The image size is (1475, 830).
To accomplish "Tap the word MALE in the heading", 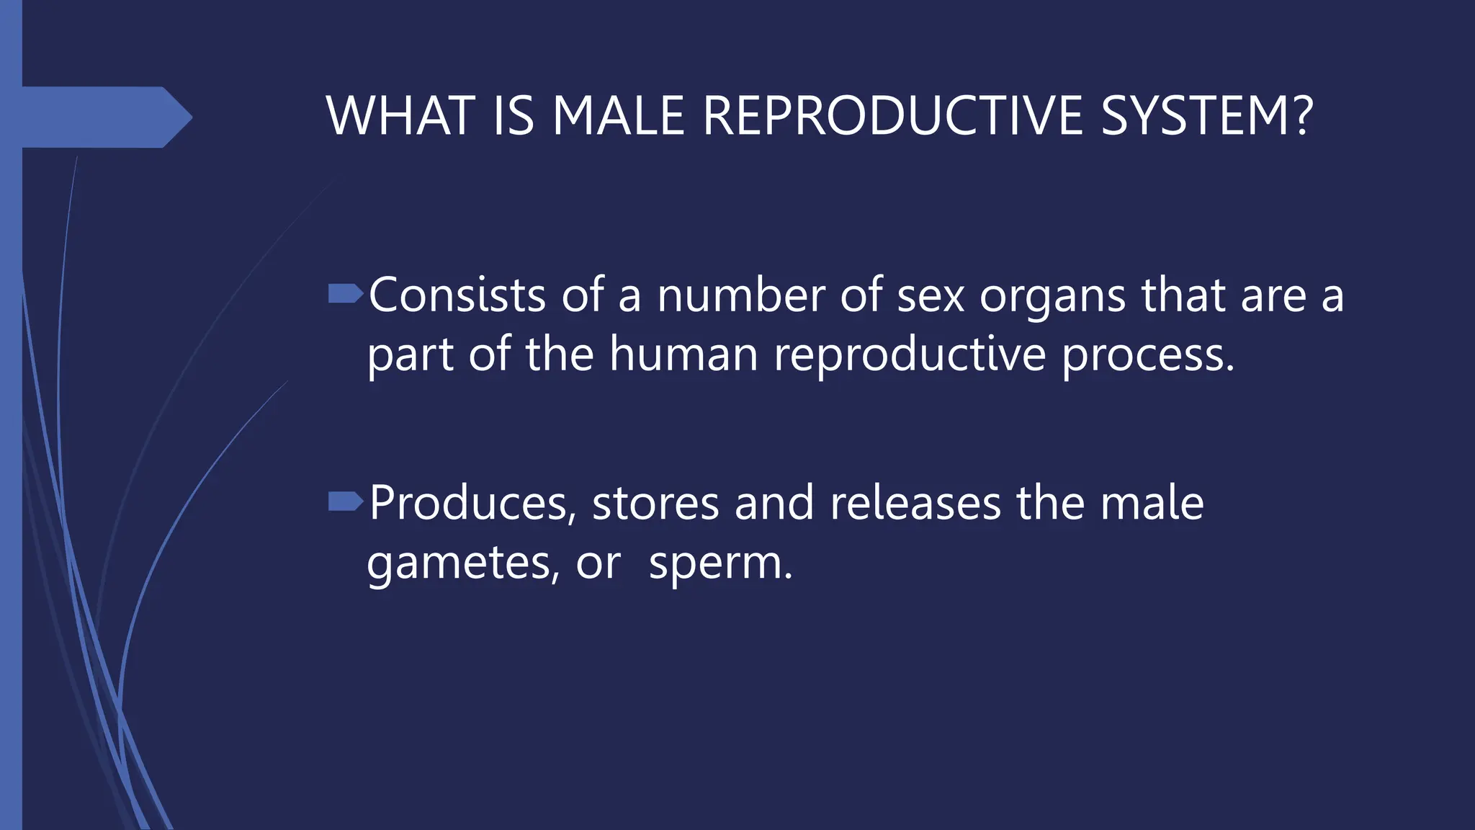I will coord(618,116).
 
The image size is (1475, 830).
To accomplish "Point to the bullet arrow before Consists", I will coord(345,293).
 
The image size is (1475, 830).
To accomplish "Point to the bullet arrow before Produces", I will coord(345,501).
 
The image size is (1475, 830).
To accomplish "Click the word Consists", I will coord(457,295).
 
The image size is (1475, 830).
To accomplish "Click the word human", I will coord(683,354).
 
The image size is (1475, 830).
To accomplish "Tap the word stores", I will coord(655,503).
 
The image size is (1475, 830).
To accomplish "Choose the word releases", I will coord(915,503).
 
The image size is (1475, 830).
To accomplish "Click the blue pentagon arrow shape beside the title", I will coord(101,117).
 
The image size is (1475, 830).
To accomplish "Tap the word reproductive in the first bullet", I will coord(910,355).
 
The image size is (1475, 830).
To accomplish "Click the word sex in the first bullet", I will coord(930,297).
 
